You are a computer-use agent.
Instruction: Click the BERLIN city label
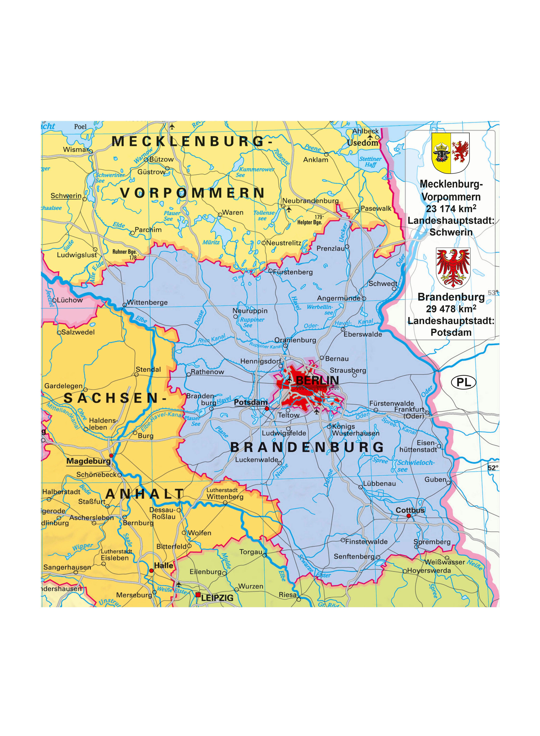[x=317, y=381]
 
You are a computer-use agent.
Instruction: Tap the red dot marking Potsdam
[x=267, y=408]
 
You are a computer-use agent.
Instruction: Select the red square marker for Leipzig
[x=198, y=595]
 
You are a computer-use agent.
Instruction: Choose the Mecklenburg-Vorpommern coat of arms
[x=451, y=153]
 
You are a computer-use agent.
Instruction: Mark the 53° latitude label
[x=493, y=292]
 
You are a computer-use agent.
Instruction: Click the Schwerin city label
[x=66, y=196]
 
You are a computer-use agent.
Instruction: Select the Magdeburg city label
[x=88, y=461]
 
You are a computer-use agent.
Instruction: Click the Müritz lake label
[x=211, y=242]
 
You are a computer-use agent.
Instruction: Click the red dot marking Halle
[x=151, y=570]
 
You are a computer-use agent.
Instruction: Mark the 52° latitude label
[x=493, y=468]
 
